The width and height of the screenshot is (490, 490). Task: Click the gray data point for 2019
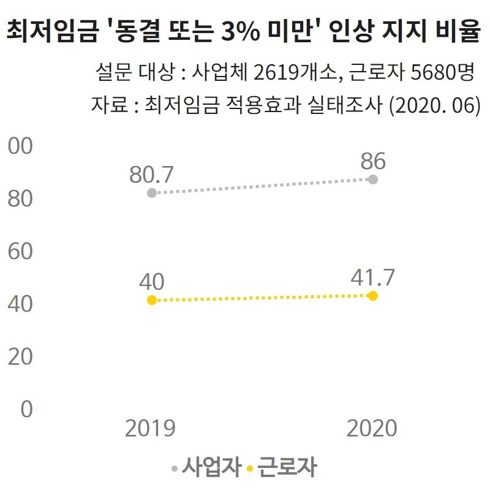coord(152,193)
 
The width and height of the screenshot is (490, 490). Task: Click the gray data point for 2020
coord(373,179)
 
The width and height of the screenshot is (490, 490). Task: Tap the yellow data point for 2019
coord(152,300)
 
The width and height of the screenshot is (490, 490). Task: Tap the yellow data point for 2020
coord(373,296)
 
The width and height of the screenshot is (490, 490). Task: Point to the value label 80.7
coord(151,175)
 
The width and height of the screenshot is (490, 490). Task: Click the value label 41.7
coord(372,278)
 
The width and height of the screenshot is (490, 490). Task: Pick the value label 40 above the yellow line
coord(151,282)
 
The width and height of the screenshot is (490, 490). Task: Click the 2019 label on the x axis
coord(151,428)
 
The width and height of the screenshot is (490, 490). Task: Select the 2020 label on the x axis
coord(372,428)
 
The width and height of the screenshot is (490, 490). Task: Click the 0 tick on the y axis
coord(26,409)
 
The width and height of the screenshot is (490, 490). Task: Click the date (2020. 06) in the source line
coord(434,105)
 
